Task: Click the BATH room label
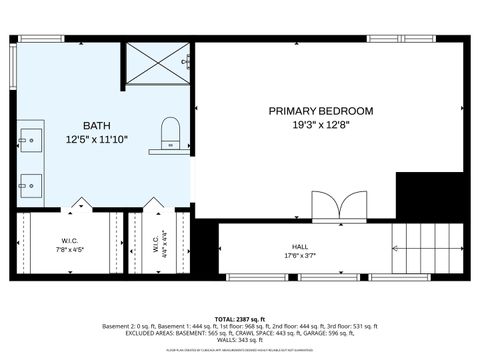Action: [97, 125]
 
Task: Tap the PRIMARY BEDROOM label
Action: [320, 111]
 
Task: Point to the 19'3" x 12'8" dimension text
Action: [320, 125]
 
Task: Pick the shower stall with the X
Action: [156, 62]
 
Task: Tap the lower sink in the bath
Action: [31, 184]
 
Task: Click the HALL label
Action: [300, 246]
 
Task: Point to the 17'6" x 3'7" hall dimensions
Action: [300, 256]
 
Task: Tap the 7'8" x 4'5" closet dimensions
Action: [70, 249]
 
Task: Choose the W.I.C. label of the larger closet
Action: [70, 240]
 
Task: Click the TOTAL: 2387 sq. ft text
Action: [240, 319]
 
